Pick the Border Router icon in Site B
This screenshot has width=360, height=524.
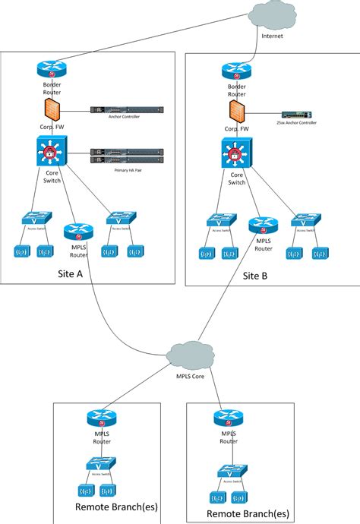pos(237,71)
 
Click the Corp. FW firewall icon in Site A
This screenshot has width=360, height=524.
pos(52,108)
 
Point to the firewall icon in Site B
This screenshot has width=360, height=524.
pos(236,112)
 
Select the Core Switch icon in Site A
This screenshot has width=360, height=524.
pos(52,149)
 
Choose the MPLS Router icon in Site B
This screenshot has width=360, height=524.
pos(262,226)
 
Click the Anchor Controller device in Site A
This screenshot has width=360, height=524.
pos(126,110)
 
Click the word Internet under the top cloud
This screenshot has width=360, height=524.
pos(272,36)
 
